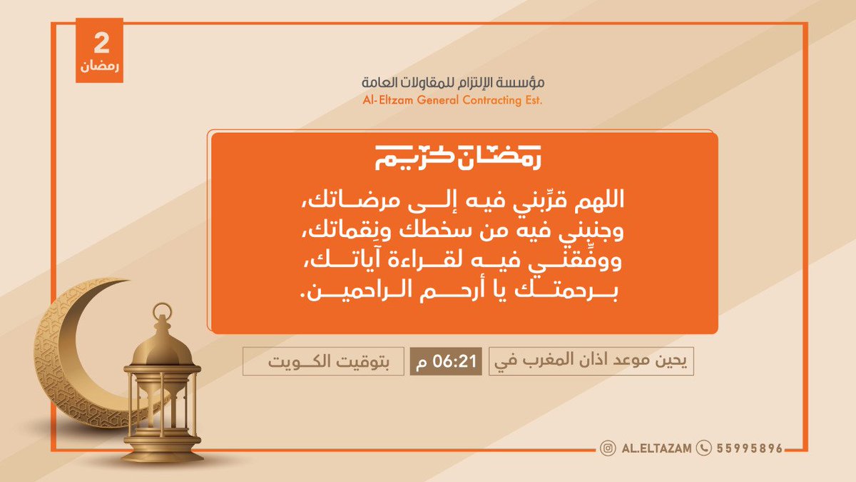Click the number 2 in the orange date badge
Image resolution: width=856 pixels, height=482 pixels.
[101, 44]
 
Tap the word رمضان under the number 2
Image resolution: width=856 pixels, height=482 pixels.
[101, 68]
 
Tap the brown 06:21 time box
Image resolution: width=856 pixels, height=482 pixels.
[447, 362]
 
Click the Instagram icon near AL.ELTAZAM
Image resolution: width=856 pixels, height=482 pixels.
[608, 448]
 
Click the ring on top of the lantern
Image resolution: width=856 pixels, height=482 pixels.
[163, 311]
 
